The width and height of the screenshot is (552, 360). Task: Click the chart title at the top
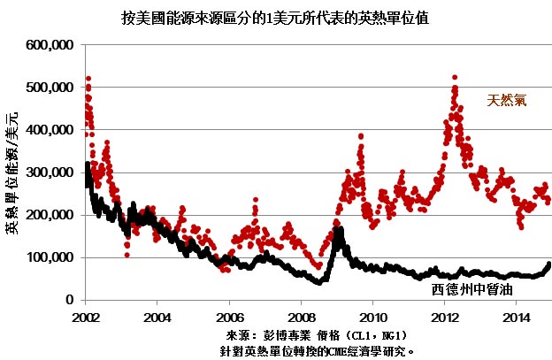275,18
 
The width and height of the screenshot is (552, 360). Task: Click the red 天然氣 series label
507,100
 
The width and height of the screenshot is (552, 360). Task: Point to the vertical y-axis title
11,173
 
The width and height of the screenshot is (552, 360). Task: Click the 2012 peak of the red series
455,78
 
